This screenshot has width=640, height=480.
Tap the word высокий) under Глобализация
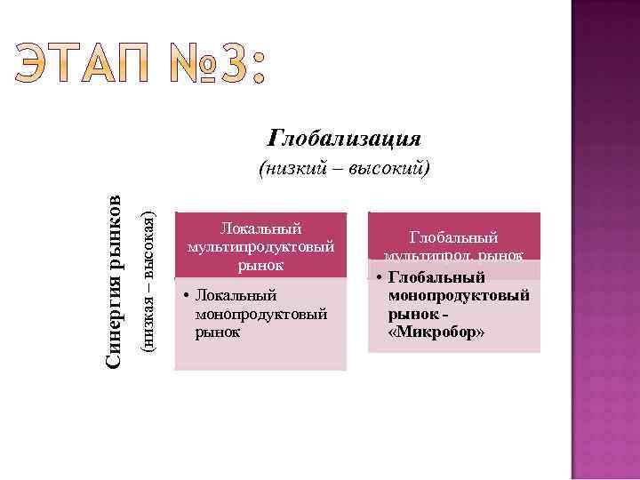pos(392,168)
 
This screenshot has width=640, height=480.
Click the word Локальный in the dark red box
pos(261,228)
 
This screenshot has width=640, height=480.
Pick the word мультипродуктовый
pos(261,246)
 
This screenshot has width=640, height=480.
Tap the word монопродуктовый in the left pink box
pos(262,314)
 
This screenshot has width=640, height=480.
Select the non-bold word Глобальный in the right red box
pos(453,237)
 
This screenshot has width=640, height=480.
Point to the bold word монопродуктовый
pos(459,295)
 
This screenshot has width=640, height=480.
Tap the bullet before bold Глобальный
pos(378,278)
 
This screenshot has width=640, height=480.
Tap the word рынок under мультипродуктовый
pos(261,264)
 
